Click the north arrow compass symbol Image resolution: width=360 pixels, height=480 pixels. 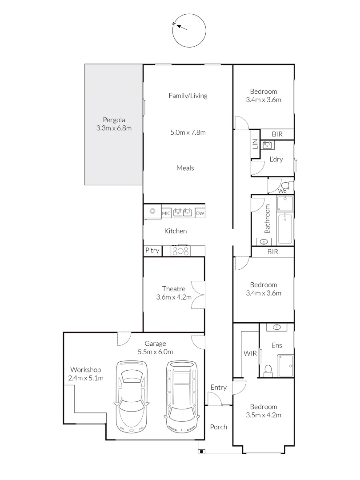(189, 30)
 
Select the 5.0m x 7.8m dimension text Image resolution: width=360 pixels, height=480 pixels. (188, 132)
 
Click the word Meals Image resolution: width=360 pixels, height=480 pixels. (185, 168)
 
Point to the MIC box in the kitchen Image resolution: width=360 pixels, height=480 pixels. (166, 214)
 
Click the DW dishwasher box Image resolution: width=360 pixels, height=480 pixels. (200, 214)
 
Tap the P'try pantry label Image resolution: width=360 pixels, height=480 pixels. (152, 251)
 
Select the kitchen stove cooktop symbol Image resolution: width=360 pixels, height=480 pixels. (181, 251)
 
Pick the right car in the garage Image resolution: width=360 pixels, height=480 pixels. (181, 396)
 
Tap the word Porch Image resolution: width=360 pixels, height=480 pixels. (218, 427)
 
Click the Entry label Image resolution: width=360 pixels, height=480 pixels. (218, 388)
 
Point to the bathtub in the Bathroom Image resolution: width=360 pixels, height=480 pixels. (285, 229)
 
